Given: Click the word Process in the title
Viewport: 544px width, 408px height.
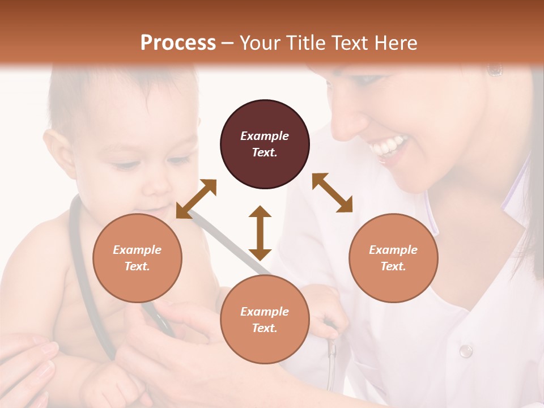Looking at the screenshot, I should (178, 43).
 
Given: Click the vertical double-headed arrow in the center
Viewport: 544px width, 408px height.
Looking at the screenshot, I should (260, 233).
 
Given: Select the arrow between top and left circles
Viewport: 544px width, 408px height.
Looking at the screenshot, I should (196, 198).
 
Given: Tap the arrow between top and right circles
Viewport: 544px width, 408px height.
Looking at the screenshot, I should (332, 193).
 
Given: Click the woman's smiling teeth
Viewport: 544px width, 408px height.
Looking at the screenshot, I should (388, 147).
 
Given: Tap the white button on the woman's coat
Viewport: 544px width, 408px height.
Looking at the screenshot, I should (466, 351).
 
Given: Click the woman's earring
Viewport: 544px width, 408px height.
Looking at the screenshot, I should (495, 70).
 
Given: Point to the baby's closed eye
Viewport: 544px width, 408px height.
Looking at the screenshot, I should (126, 165).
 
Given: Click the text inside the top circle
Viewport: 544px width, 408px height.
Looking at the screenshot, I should (265, 144).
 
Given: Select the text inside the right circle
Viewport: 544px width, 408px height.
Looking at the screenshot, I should (393, 258).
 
